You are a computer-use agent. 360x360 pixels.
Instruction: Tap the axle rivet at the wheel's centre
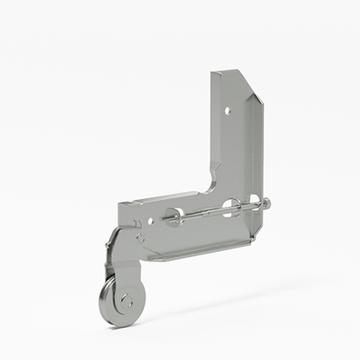click(x=127, y=301)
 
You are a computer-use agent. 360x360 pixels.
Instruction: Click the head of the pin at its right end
click(x=266, y=204)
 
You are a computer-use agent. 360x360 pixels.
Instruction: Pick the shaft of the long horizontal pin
click(x=208, y=212)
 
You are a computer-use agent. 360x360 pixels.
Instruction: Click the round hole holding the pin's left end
click(x=176, y=216)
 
